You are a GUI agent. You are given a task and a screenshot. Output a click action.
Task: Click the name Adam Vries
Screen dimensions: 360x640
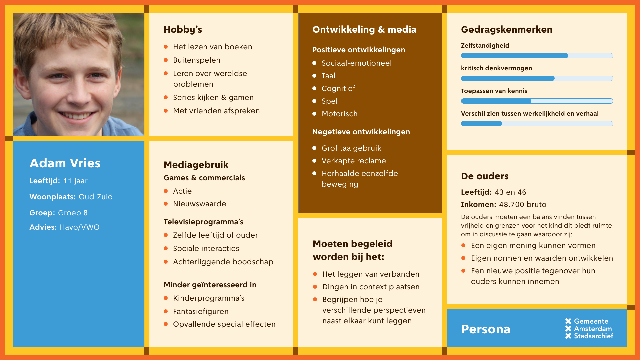coord(65,163)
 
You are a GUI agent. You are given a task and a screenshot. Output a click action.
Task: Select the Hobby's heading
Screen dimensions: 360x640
coord(183,30)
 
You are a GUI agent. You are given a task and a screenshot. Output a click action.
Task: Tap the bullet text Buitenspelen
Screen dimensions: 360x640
coord(197,60)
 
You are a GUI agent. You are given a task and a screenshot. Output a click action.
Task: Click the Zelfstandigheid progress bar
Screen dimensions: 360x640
coord(537,56)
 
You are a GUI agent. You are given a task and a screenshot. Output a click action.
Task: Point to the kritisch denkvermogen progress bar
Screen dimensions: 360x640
coord(537,78)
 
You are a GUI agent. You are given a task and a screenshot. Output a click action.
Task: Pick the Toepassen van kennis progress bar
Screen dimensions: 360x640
coord(537,101)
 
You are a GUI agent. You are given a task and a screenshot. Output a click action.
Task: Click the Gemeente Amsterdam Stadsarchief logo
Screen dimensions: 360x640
coord(589,329)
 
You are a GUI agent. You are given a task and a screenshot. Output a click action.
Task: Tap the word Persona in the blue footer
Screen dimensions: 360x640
coord(486,329)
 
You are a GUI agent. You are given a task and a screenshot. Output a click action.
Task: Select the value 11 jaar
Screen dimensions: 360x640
coord(75,181)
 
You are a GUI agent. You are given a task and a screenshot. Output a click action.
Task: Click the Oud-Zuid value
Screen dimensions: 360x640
coord(96,197)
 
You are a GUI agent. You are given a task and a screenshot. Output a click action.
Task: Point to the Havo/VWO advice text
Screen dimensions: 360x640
coord(80,227)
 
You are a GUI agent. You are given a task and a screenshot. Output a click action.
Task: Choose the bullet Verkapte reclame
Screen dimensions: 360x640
coord(354,161)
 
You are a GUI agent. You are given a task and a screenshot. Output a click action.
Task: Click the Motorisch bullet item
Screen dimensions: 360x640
coord(339,114)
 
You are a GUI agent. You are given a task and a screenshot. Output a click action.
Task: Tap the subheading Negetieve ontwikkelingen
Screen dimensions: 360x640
coord(361,132)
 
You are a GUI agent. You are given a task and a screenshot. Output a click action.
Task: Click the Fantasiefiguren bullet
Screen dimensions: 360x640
coord(201,312)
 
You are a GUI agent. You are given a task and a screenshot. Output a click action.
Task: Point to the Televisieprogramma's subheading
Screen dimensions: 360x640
coord(203,222)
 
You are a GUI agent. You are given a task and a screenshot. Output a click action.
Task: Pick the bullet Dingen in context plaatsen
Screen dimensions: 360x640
coord(371,287)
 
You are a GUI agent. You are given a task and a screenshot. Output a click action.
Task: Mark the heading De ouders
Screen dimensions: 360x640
coord(485,176)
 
